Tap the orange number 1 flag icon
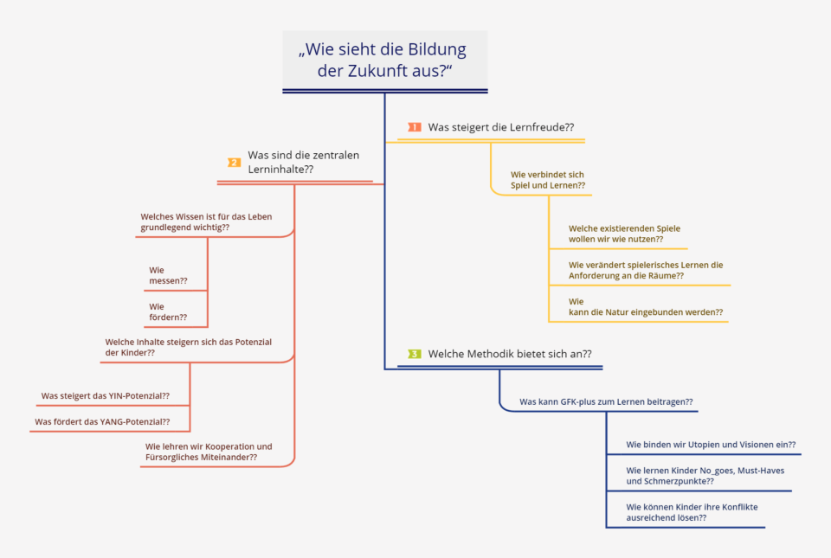[x=415, y=127]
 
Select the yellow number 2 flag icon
[x=235, y=163]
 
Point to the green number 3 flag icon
[x=415, y=354]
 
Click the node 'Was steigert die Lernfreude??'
[x=501, y=127]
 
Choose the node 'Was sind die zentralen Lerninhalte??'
[x=303, y=162]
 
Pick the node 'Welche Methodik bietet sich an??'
[x=510, y=354]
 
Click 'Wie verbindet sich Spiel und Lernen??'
[x=548, y=180]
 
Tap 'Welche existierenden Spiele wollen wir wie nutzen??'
[x=624, y=234]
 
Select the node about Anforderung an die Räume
[x=646, y=270]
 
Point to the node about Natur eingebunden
[x=646, y=306]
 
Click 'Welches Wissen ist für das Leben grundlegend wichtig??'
[x=206, y=221]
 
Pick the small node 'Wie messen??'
[x=168, y=275]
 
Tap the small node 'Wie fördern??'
[x=168, y=311]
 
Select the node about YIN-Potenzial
[x=106, y=395]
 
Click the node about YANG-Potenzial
[x=102, y=421]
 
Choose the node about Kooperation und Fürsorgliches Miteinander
[x=209, y=452]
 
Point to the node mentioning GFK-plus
[x=606, y=401]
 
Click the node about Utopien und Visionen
[x=711, y=445]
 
